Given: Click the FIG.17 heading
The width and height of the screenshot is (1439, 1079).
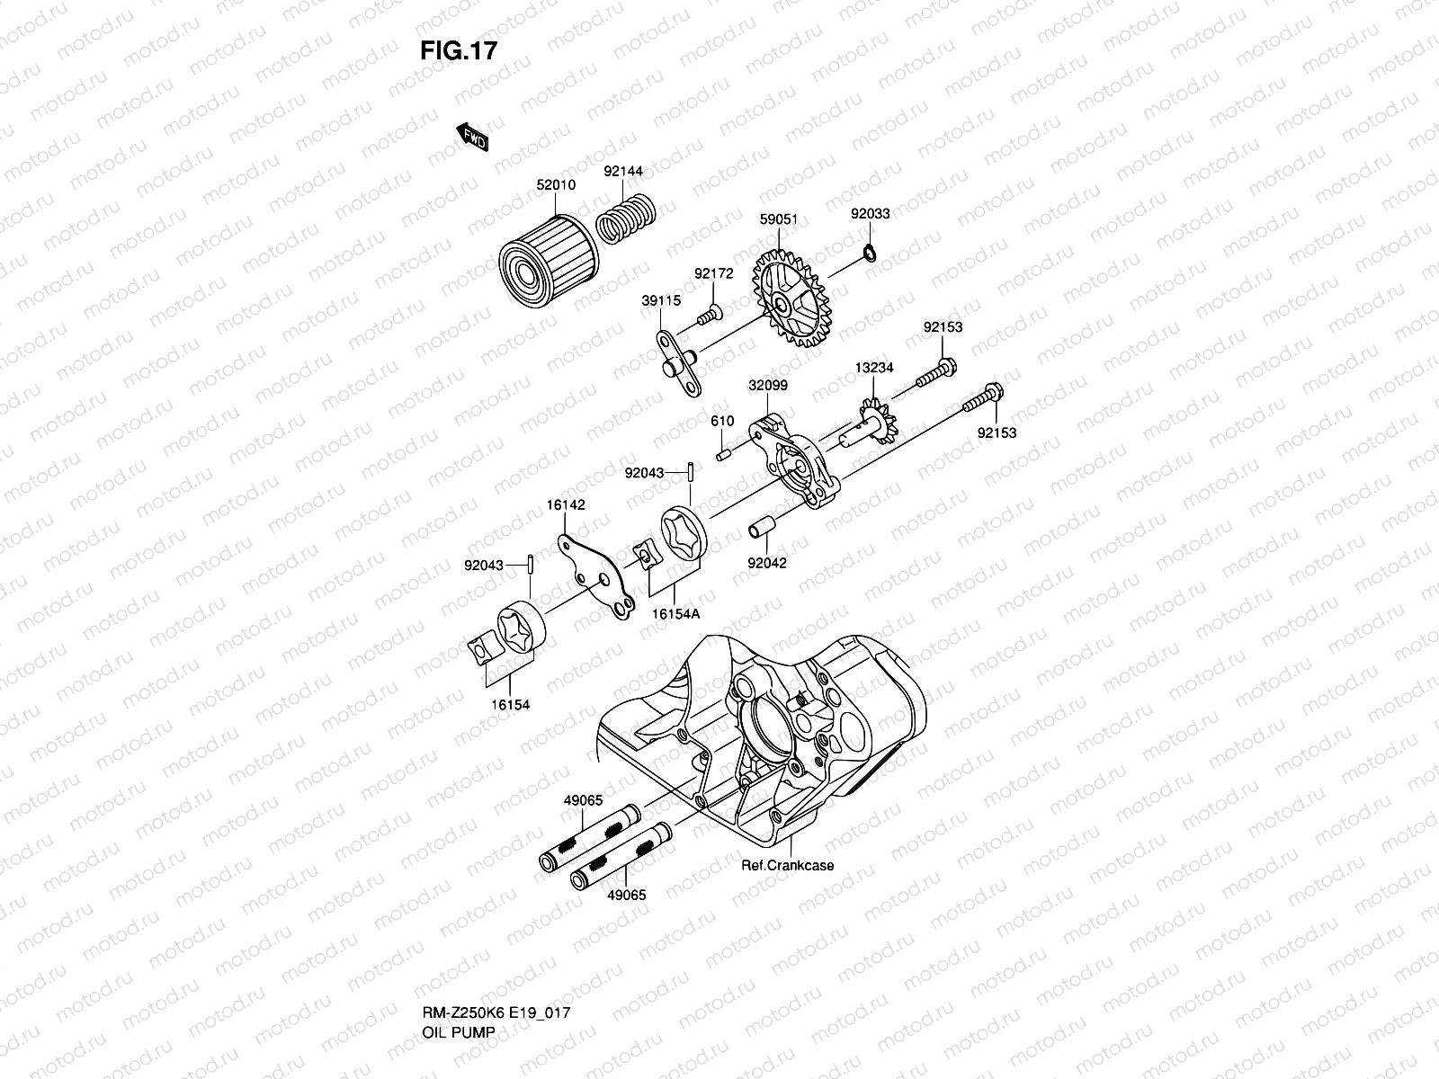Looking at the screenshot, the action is click(459, 50).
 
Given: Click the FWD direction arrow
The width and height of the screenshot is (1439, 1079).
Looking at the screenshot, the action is click(473, 137).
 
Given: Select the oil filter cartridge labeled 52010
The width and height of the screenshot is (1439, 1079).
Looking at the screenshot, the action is click(549, 262).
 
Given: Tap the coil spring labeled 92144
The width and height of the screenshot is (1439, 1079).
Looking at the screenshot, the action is click(626, 218).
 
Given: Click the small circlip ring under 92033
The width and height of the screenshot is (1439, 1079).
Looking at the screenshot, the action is click(870, 253).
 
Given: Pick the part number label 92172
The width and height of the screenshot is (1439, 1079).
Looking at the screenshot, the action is click(714, 273).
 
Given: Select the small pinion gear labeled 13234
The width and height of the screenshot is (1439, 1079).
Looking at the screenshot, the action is click(877, 421).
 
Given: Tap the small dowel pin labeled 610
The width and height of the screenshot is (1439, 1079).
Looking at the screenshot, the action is click(724, 453).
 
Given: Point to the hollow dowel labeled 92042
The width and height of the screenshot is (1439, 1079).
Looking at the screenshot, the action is click(762, 528).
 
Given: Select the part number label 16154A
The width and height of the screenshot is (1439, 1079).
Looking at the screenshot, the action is click(676, 614).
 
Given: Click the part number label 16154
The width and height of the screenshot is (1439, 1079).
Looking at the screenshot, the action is click(510, 705).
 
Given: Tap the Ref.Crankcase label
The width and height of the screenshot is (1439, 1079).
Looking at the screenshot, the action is click(787, 865).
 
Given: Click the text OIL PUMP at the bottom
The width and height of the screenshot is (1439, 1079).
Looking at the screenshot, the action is click(459, 1032).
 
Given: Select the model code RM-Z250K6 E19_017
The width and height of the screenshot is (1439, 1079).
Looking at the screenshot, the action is click(496, 1012).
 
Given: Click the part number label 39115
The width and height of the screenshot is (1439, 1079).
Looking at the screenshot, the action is click(661, 300).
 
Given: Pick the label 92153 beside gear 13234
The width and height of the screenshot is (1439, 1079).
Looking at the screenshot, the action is click(943, 327).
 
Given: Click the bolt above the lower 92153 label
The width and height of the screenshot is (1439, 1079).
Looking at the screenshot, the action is click(983, 397).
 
